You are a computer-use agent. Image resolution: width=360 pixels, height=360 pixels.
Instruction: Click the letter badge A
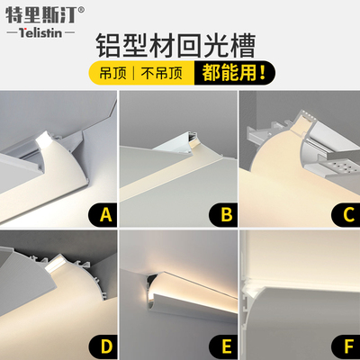pos(105,215)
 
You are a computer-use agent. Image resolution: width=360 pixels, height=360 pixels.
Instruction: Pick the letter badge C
pos(345,215)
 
